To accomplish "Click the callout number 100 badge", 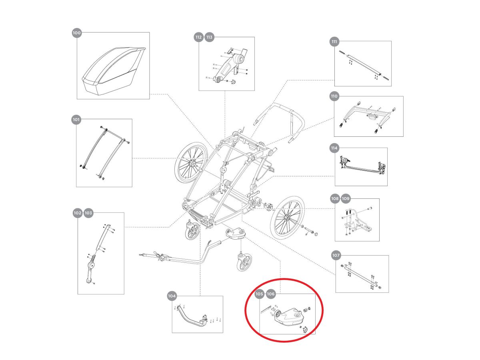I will tap(77, 33).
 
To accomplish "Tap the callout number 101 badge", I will tap(76, 119).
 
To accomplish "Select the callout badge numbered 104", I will tap(172, 296).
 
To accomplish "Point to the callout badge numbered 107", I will tap(336, 255).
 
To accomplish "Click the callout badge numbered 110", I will tap(334, 96).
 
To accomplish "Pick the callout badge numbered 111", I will tap(335, 41).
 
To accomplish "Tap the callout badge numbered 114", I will tap(334, 148).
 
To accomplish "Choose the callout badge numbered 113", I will tap(209, 37).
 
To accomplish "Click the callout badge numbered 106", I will tap(271, 294).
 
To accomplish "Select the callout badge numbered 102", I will tap(78, 213).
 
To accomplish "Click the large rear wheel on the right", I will tap(287, 216).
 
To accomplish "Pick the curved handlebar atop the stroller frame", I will tap(280, 116).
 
